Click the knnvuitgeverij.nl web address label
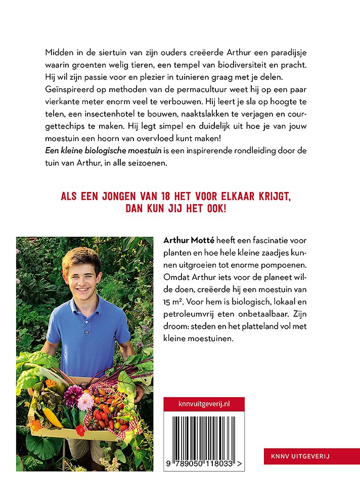point(204,404)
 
